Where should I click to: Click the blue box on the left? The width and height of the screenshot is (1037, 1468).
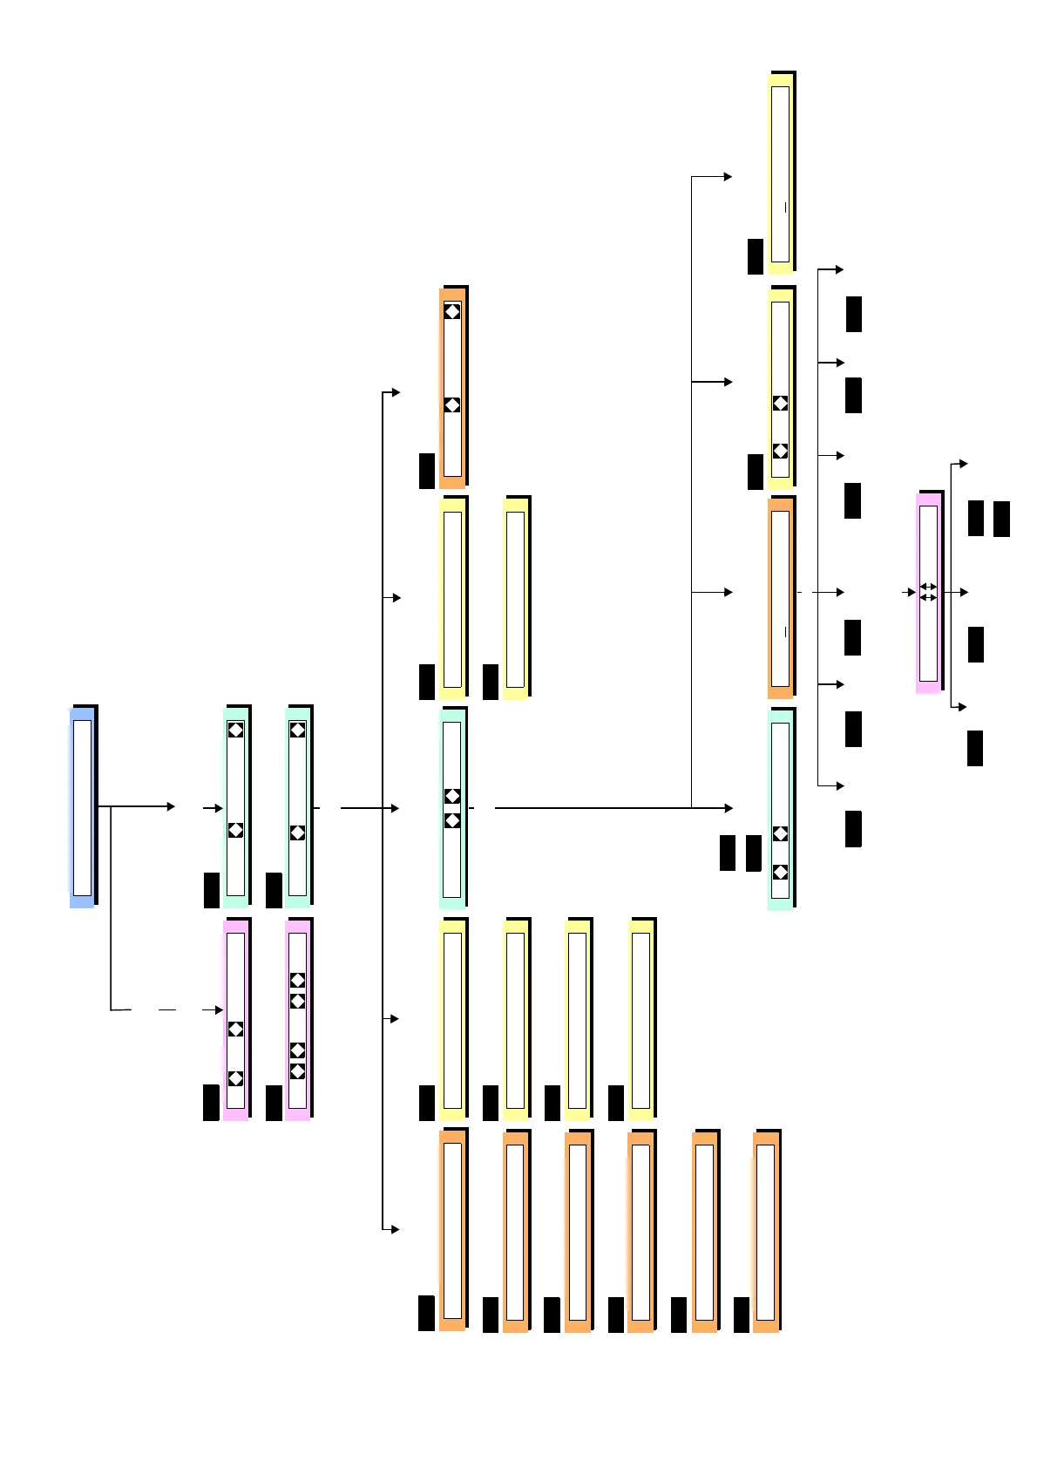click(x=82, y=807)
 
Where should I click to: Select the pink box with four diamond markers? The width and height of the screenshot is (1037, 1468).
click(x=297, y=1019)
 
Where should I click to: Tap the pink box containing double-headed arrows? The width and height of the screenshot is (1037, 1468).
click(x=929, y=593)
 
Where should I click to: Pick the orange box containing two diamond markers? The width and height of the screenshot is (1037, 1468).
click(x=452, y=388)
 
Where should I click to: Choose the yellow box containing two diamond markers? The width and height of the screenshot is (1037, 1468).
click(x=781, y=388)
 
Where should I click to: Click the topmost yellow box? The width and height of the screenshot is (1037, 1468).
click(x=781, y=173)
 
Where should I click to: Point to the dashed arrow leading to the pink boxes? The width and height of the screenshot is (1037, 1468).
click(x=166, y=1009)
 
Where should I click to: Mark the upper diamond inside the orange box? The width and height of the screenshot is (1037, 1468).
click(x=452, y=311)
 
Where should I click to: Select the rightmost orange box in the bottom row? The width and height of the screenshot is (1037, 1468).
click(x=766, y=1231)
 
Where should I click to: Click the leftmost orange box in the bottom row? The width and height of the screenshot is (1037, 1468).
click(x=452, y=1230)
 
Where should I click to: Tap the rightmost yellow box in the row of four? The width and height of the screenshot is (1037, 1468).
click(x=640, y=1019)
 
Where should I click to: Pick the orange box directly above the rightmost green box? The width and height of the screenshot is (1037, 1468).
click(x=781, y=597)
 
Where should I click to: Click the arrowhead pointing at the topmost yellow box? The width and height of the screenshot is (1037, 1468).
click(x=728, y=177)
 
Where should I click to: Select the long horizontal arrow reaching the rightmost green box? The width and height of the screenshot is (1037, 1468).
click(x=610, y=808)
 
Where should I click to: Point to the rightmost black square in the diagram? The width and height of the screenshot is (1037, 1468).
click(x=1002, y=519)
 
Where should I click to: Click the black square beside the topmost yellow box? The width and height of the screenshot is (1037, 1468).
click(x=756, y=256)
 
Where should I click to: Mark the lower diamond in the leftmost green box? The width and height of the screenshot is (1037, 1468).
click(x=235, y=830)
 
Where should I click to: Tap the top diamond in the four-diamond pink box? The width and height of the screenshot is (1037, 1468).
click(x=297, y=981)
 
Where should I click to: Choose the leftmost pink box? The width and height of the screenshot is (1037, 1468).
click(x=235, y=1019)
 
